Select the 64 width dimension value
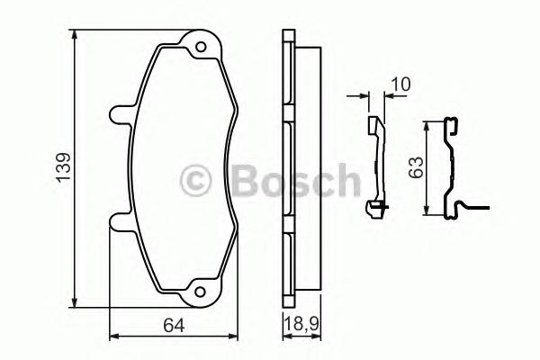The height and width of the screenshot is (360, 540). (x=174, y=325)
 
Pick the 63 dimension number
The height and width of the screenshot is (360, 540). (x=416, y=168)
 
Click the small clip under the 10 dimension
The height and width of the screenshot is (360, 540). (x=375, y=166)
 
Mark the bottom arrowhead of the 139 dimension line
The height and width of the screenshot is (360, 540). (x=75, y=301)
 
